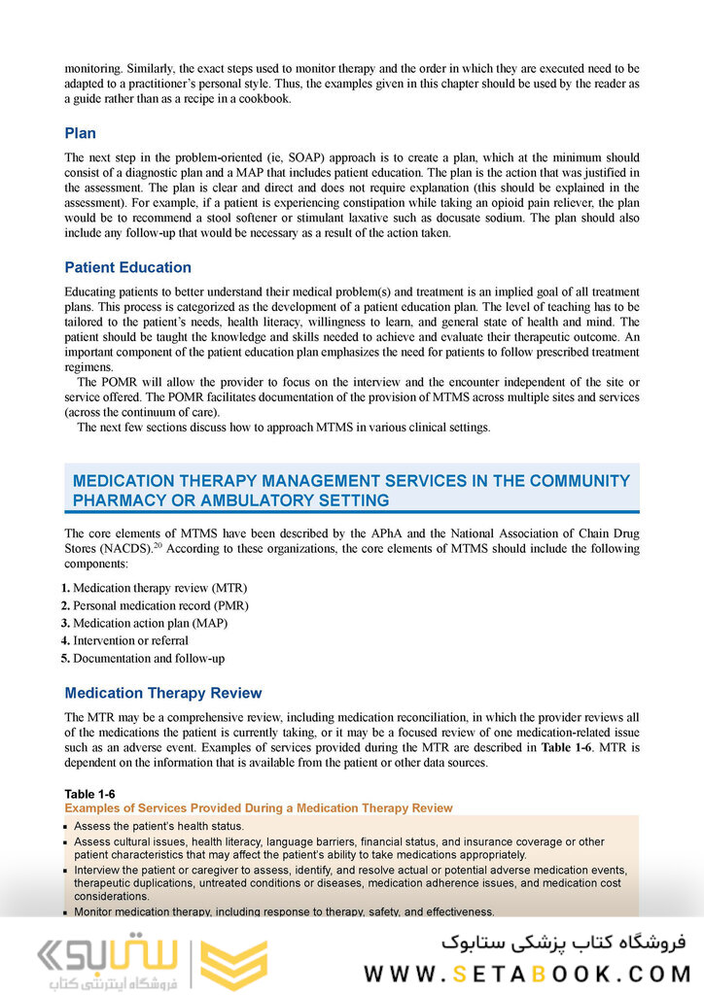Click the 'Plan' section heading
pos(80,133)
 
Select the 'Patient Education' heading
pos(127,267)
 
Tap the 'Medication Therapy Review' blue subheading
pos(162,693)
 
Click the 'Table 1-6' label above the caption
pos(89,794)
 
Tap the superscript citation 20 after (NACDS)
pos(158,545)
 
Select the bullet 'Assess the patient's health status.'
pos(158,826)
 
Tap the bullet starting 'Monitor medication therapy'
pos(284,911)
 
